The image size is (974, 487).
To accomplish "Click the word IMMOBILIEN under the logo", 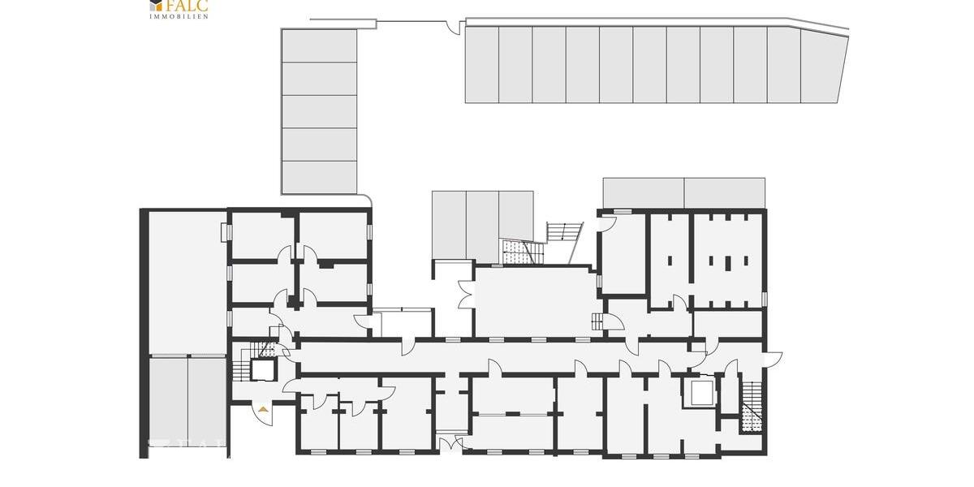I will (x=179, y=15).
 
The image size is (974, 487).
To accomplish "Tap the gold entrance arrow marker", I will (x=263, y=411).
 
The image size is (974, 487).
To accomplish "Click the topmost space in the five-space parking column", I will (x=319, y=45).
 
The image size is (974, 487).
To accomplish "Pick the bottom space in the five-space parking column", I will (x=319, y=177).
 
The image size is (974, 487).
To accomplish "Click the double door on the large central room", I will (x=465, y=295).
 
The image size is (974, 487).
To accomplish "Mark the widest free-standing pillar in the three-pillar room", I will (x=728, y=262).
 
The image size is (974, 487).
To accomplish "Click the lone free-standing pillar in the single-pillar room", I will (x=671, y=262).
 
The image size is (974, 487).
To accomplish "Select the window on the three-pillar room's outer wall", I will (x=764, y=299).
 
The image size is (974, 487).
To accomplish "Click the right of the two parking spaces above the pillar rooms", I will (x=724, y=192).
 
